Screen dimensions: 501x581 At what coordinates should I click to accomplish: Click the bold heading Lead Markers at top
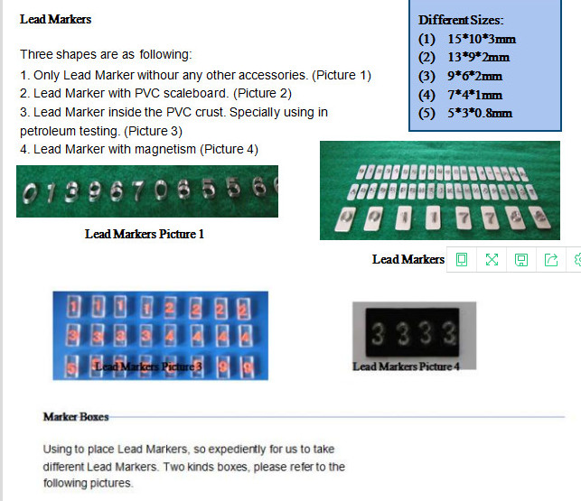coord(55,19)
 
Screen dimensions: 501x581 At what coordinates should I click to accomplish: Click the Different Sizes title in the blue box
coord(461,20)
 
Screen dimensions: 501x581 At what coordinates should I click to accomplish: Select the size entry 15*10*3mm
coord(482,39)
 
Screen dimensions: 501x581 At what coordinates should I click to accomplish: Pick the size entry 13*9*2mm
coord(478,58)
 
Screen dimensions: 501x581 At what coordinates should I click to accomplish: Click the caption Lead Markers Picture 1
coord(145,235)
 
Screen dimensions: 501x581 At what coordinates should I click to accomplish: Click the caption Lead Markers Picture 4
coord(406,366)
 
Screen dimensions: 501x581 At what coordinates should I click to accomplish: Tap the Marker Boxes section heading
coord(76,417)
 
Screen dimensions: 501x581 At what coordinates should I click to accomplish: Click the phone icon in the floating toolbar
coord(462,260)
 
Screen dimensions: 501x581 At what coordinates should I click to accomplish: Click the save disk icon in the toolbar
coord(521,260)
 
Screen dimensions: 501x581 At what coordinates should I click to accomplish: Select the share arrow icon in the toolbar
coord(551,260)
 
